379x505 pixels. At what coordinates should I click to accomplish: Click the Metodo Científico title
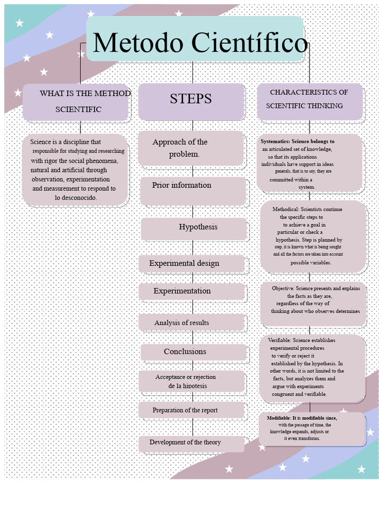click(x=199, y=42)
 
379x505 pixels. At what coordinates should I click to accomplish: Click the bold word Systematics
click(x=275, y=142)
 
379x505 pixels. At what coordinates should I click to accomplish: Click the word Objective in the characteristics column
click(x=283, y=289)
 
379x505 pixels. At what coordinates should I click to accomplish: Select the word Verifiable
click(x=279, y=340)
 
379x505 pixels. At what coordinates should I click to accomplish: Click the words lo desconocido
click(x=76, y=197)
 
